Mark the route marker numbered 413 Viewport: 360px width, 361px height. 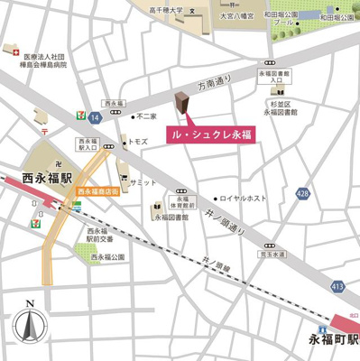point(337,286)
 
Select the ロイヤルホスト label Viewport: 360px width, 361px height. point(243,198)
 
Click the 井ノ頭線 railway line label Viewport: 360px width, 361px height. point(217,262)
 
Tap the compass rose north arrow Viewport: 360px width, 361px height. point(31,324)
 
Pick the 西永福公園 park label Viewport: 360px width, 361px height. point(107,257)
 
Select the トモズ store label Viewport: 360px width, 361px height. point(137,143)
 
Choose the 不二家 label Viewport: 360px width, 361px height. point(147,116)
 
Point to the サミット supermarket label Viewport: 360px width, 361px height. point(143,182)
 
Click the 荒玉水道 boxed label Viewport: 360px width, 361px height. point(271,255)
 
